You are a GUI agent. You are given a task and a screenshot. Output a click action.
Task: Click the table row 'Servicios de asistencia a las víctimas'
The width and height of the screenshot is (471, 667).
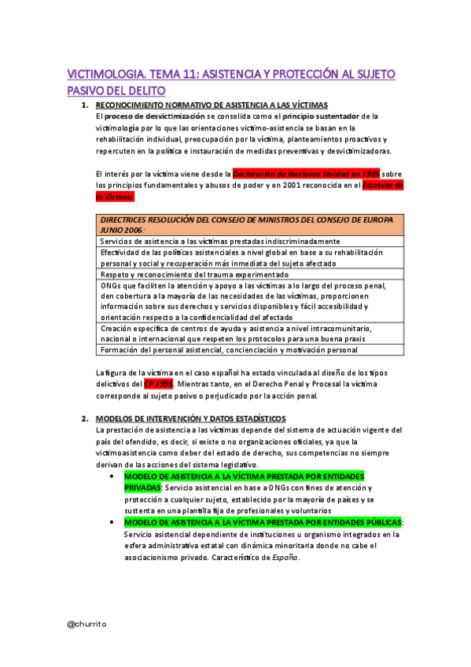tap(220, 241)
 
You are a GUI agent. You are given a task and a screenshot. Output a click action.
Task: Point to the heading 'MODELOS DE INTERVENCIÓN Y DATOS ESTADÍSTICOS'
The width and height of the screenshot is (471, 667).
tap(190, 418)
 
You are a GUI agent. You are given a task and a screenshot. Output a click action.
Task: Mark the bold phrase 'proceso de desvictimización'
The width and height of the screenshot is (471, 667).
tap(152, 116)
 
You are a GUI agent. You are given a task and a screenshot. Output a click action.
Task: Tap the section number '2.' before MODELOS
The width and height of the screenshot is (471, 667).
tap(86, 418)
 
